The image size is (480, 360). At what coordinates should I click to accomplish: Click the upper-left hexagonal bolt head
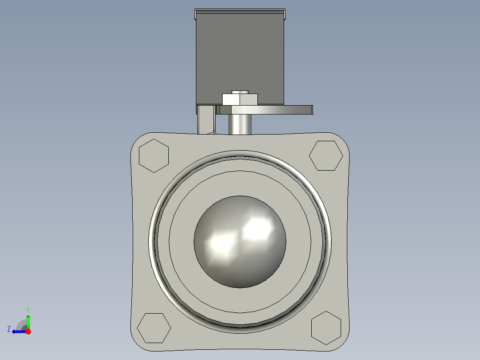(154, 155)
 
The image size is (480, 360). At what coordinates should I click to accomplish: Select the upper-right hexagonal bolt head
(326, 155)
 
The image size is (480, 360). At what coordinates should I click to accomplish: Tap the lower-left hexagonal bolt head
(154, 328)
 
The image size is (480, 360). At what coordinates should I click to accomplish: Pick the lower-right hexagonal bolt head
(326, 328)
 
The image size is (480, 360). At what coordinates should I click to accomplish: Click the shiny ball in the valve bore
(240, 250)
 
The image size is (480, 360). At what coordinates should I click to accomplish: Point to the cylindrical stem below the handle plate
(240, 124)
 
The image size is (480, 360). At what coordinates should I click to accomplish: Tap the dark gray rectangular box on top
(240, 53)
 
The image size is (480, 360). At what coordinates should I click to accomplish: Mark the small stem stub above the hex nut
(240, 91)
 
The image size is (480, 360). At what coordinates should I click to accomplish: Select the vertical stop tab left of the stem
(206, 119)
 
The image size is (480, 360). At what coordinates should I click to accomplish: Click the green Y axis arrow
(28, 320)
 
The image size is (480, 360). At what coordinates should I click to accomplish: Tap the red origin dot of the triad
(28, 331)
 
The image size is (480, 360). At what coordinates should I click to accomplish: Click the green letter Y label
(28, 309)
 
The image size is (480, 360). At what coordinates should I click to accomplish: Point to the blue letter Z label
(9, 329)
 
